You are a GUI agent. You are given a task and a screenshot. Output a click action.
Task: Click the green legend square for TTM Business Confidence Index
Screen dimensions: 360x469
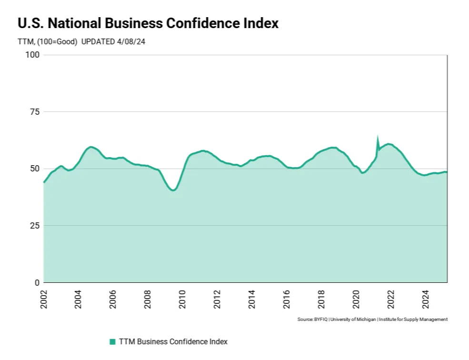pyautogui.click(x=112, y=341)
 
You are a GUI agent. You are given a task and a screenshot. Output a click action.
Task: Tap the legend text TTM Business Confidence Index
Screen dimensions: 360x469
pyautogui.click(x=173, y=341)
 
